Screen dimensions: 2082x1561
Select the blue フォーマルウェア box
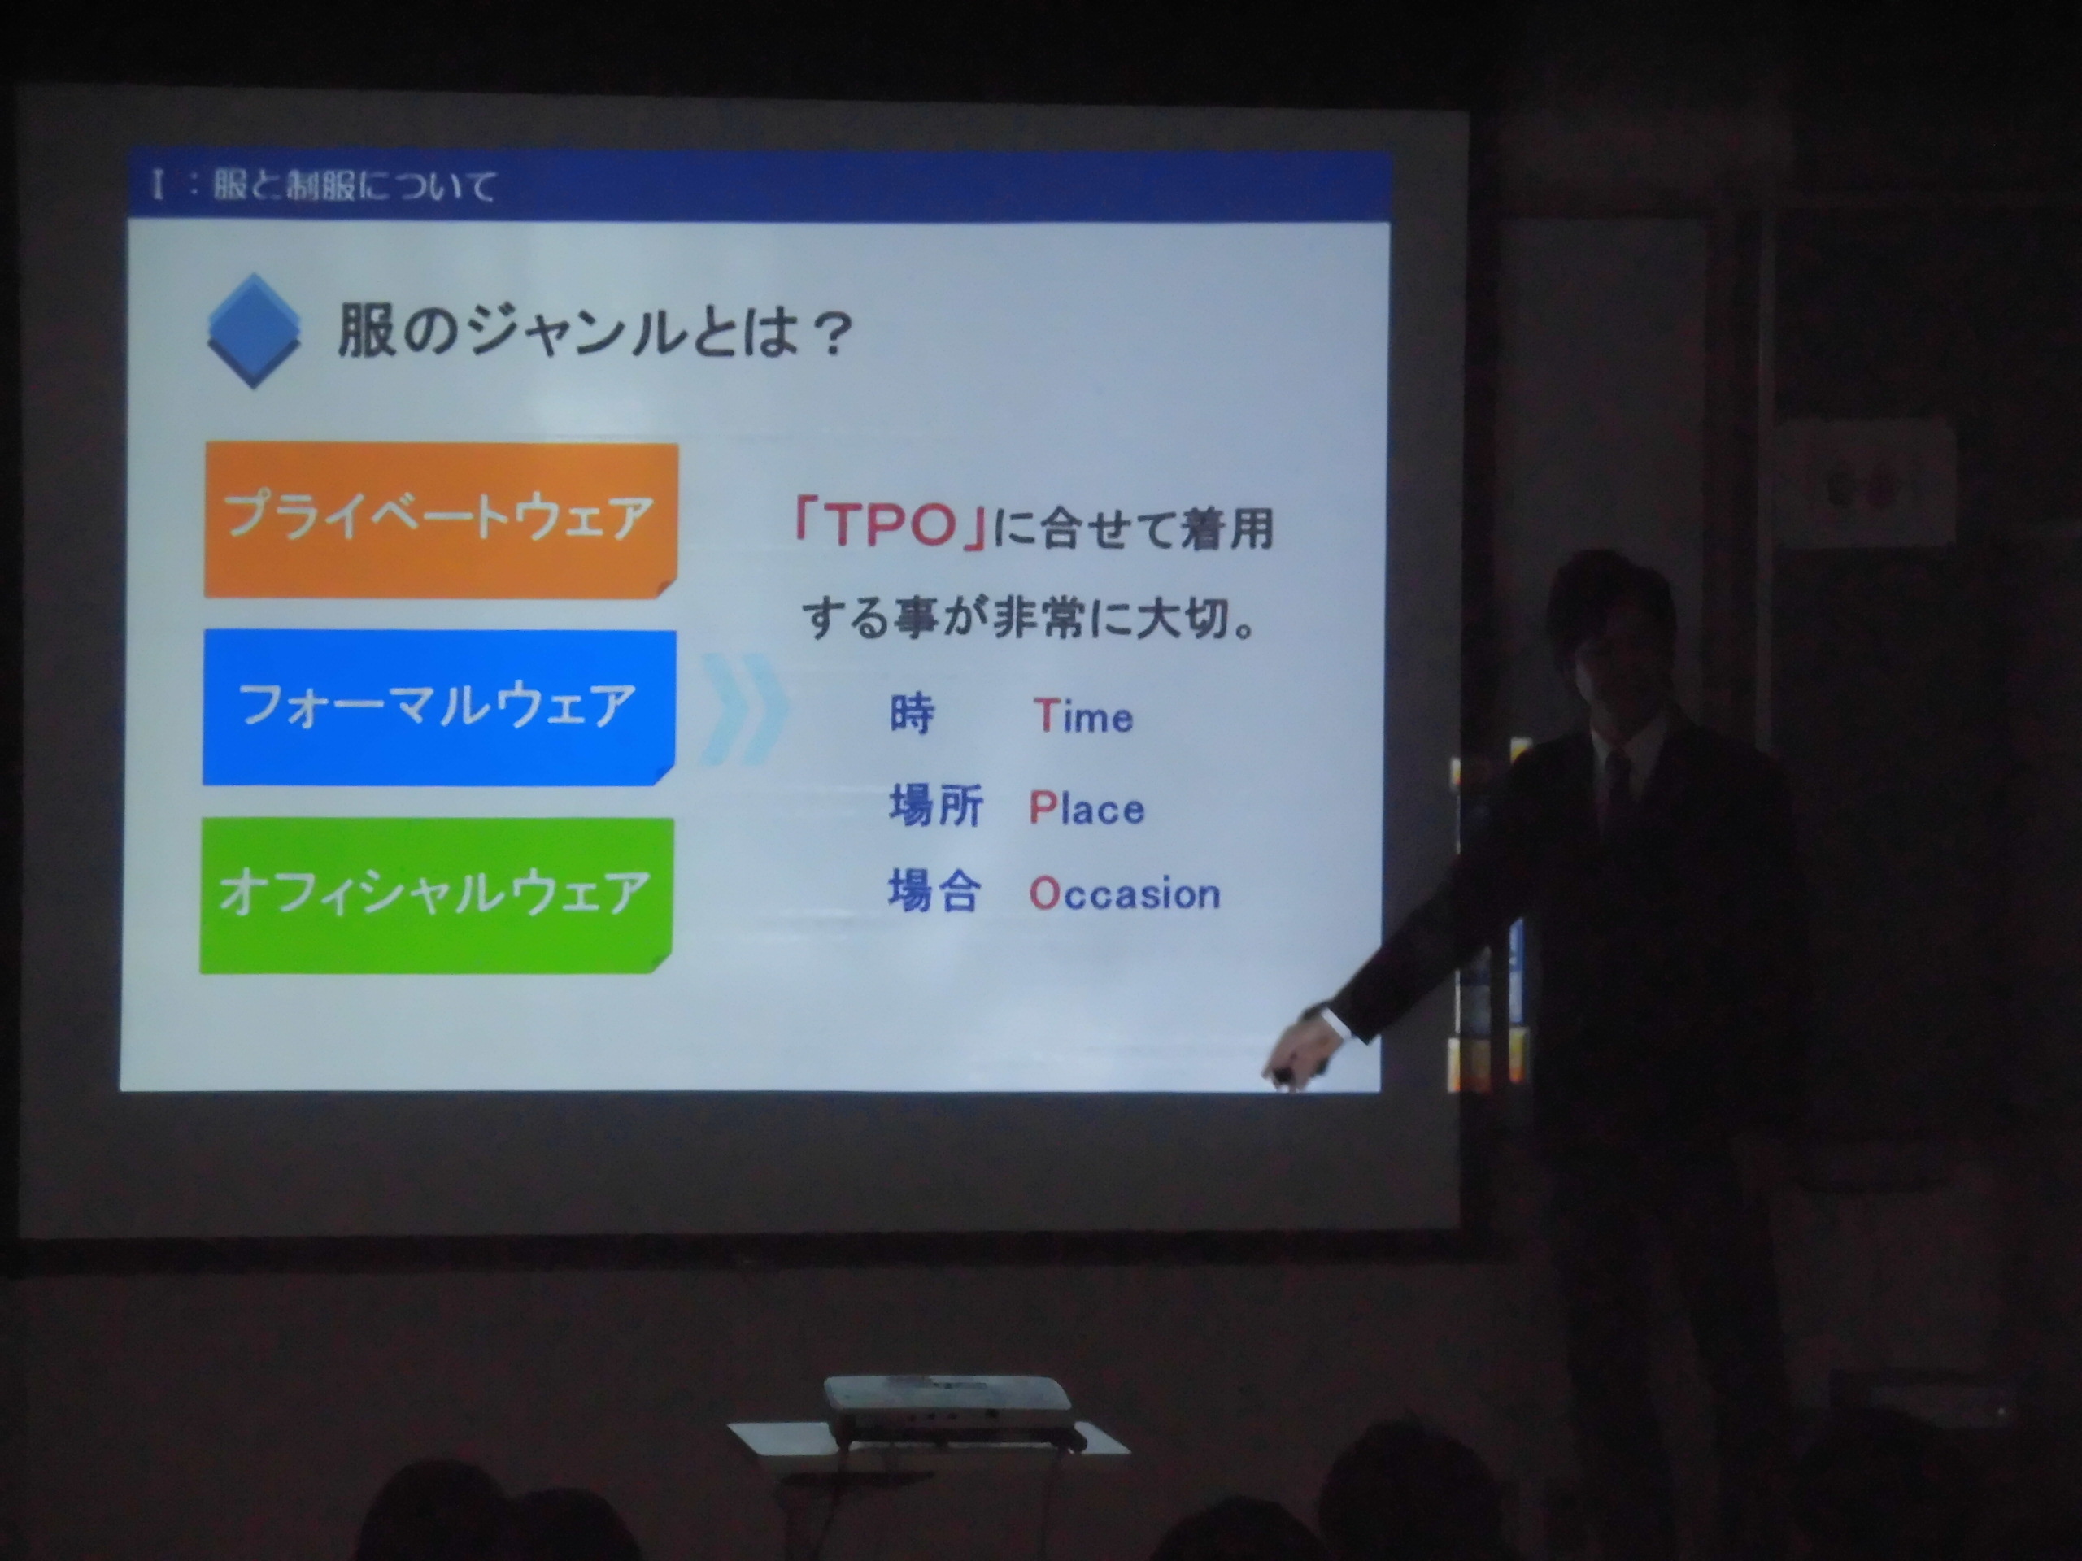[438, 707]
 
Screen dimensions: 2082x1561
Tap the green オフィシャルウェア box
[436, 895]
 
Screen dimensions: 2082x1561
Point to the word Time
[1082, 716]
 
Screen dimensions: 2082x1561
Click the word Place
[1087, 807]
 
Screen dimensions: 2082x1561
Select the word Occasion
[1124, 893]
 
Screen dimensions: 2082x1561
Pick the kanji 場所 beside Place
[935, 806]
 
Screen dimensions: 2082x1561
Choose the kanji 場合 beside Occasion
[934, 891]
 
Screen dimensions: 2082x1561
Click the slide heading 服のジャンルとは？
[595, 333]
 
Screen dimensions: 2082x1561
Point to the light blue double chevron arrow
[743, 708]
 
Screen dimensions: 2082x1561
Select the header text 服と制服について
[353, 185]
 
